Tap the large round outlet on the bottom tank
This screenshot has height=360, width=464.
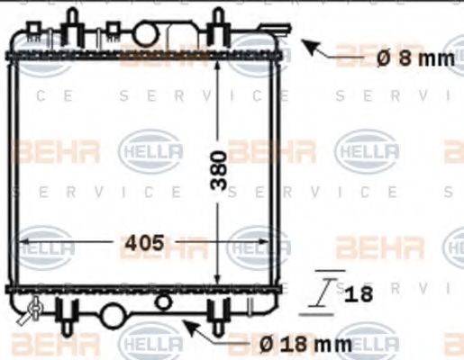coord(114,316)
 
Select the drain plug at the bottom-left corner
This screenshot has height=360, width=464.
coord(35,310)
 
